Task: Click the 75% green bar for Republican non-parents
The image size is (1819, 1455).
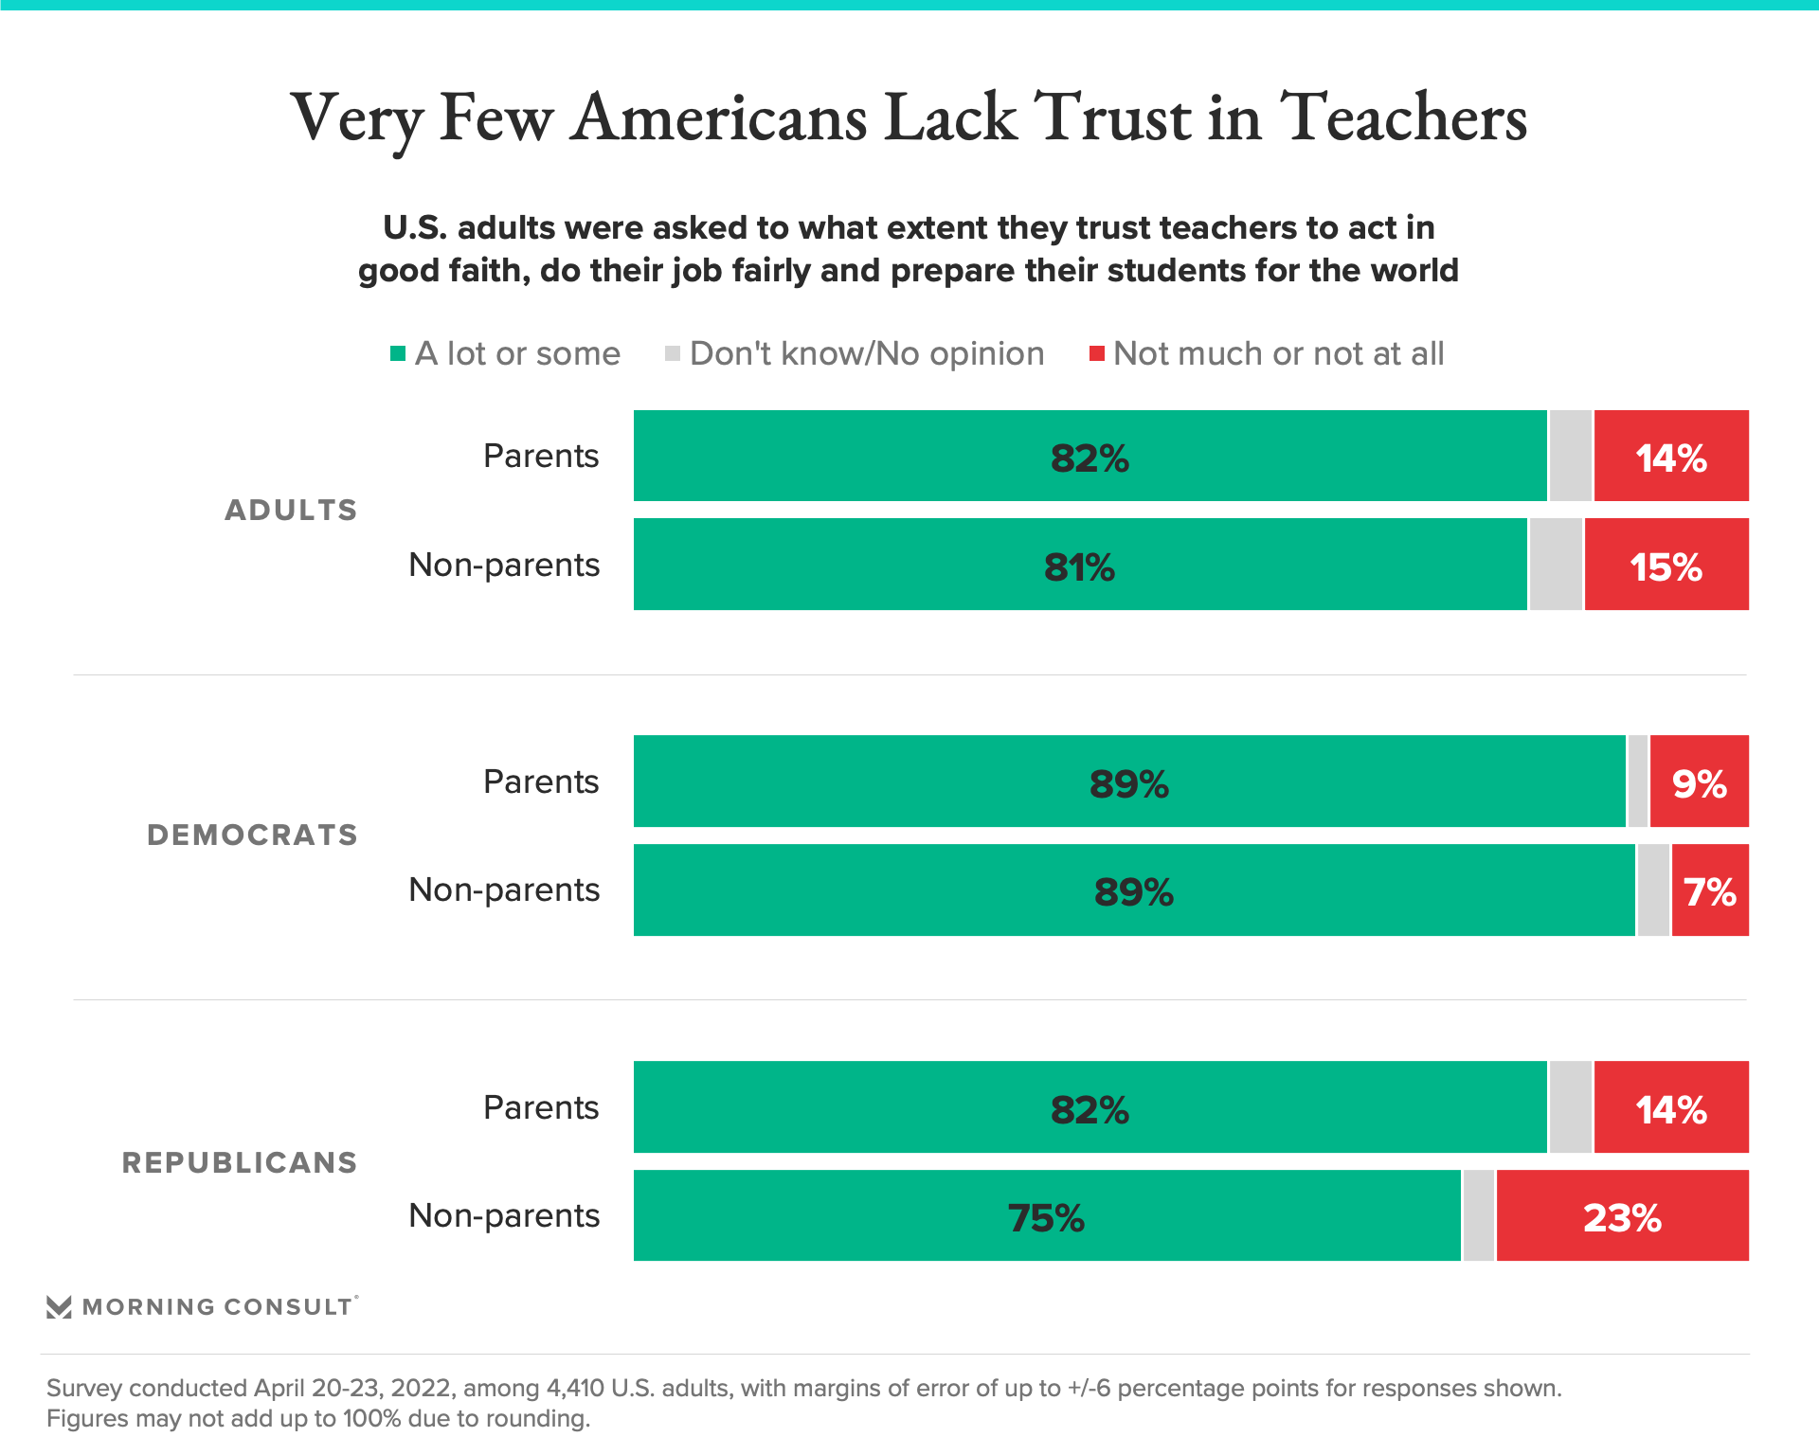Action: (x=1046, y=1216)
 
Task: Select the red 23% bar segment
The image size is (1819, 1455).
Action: (x=1622, y=1216)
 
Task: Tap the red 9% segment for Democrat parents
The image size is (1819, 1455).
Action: (x=1699, y=782)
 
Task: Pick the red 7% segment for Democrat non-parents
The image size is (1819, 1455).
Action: (x=1710, y=890)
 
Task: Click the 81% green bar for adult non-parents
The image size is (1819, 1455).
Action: (x=1080, y=566)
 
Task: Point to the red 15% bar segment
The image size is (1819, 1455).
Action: (x=1666, y=566)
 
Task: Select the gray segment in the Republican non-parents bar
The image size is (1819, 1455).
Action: (x=1478, y=1216)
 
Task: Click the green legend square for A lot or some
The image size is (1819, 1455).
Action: (x=398, y=354)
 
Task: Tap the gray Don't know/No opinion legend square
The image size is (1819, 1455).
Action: (x=673, y=354)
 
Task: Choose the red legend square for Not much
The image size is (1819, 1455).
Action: (x=1097, y=354)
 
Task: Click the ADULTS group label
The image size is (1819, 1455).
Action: (x=291, y=510)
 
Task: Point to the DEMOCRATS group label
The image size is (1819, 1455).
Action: (x=253, y=835)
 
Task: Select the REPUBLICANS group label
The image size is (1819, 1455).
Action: (x=240, y=1162)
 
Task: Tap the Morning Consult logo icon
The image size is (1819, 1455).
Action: (x=59, y=1307)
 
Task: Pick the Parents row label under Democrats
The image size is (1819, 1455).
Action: (x=541, y=781)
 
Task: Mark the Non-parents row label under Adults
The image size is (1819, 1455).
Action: (x=504, y=565)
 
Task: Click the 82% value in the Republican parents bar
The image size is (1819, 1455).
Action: (x=1090, y=1109)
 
